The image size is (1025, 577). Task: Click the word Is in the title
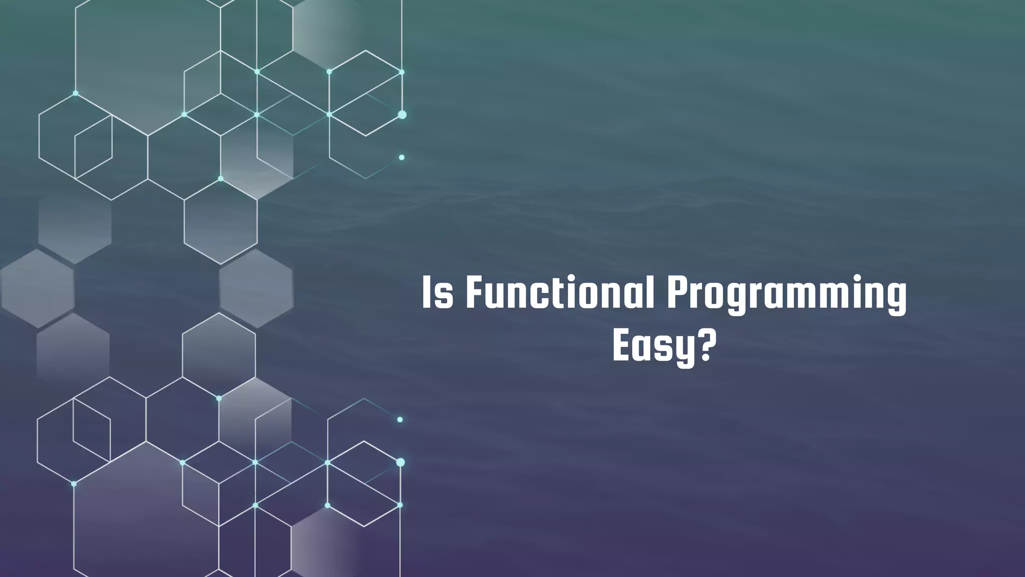(438, 293)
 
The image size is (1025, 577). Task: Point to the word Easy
(653, 347)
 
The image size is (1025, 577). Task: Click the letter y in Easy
(684, 351)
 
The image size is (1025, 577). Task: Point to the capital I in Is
(426, 293)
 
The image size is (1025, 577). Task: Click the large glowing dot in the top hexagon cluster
(402, 115)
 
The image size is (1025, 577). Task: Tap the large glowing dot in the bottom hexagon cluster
(400, 462)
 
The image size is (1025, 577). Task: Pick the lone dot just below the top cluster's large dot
(401, 157)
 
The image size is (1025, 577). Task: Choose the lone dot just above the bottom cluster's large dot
(400, 420)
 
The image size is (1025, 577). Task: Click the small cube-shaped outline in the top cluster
(93, 147)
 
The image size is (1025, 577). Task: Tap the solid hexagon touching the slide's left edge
(38, 289)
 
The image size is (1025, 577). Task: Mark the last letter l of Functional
(651, 293)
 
